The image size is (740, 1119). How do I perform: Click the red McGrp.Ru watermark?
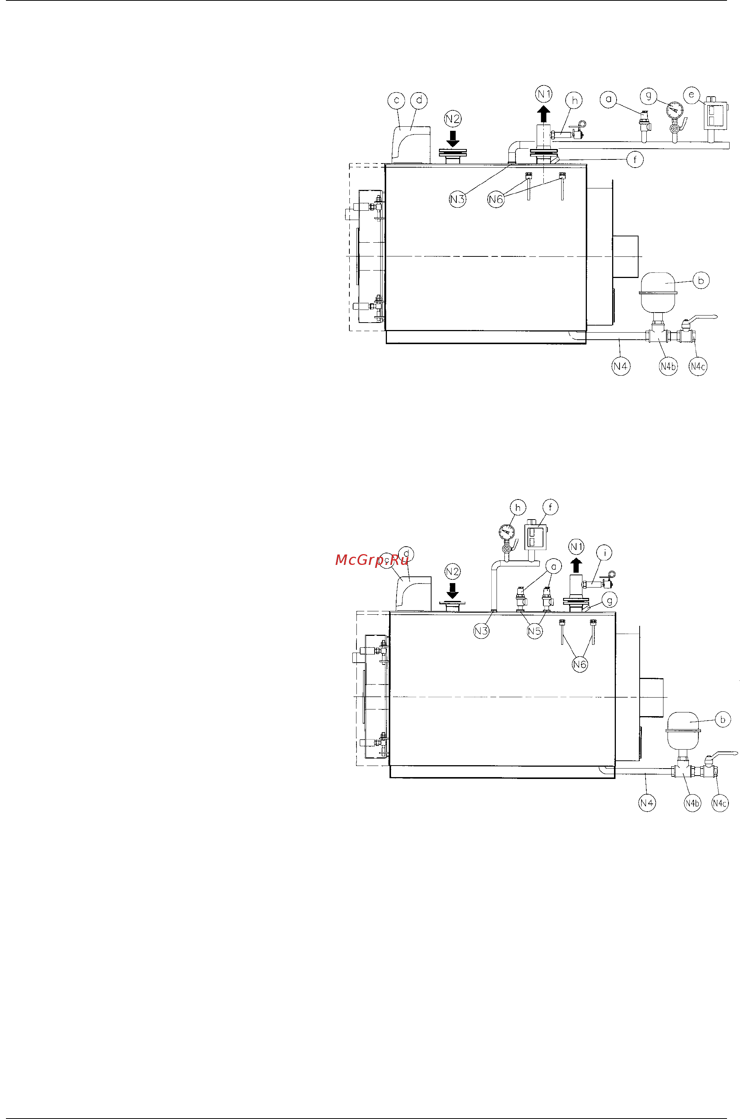point(371,560)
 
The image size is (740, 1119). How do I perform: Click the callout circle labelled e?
point(692,95)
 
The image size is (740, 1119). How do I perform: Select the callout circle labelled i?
point(605,552)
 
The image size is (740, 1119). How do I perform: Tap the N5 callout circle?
point(535,631)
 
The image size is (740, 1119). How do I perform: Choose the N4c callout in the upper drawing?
point(698,366)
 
